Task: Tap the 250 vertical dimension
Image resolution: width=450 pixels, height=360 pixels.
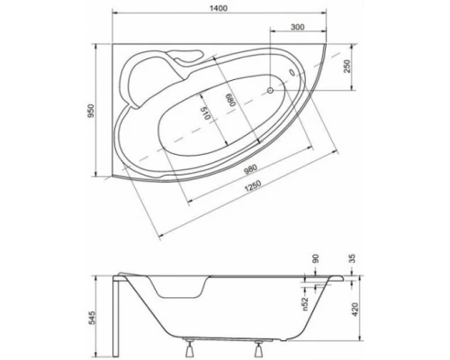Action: point(347,66)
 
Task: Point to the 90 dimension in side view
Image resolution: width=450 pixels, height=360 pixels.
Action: point(315,259)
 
